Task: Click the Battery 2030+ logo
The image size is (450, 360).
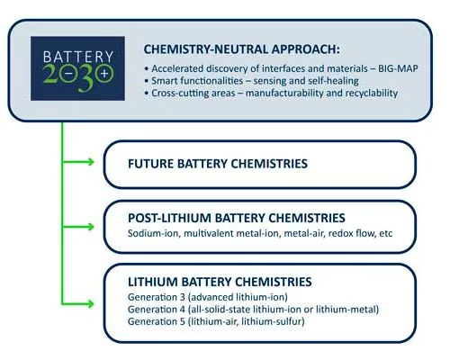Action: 77,68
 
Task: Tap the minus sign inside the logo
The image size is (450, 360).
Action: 68,73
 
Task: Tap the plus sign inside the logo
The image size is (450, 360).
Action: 104,73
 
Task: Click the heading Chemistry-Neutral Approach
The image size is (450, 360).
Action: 242,49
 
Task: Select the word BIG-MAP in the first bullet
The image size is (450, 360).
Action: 398,68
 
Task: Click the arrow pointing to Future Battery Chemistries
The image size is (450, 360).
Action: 78,162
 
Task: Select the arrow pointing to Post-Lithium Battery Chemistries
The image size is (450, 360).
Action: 78,227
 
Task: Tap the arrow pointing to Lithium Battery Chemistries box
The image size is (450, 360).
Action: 78,304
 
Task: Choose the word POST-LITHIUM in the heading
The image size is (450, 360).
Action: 170,218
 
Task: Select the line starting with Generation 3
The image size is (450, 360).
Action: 208,297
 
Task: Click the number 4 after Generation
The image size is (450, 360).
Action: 183,310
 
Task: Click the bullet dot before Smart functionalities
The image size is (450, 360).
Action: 147,81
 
